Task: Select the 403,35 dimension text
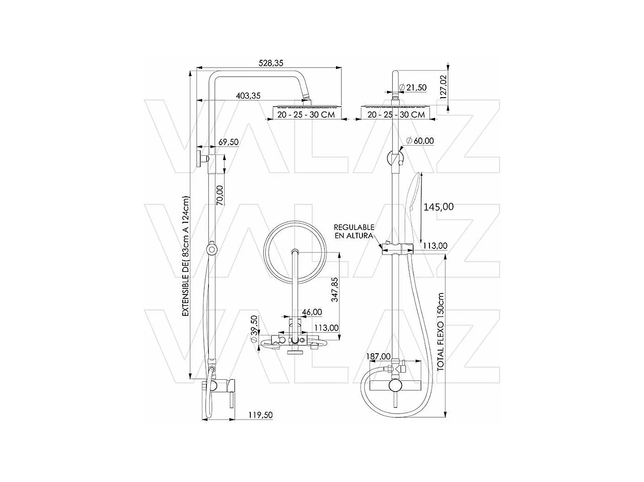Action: coord(248,96)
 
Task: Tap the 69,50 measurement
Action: coord(228,142)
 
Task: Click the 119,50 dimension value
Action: coord(260,415)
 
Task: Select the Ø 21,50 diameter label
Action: coord(413,88)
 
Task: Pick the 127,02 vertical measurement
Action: coord(443,86)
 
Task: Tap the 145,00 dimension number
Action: coord(439,206)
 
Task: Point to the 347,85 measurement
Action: coord(335,290)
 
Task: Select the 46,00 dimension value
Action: coord(312,312)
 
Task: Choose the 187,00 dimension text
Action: coord(378,356)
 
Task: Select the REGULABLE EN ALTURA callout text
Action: coord(354,231)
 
